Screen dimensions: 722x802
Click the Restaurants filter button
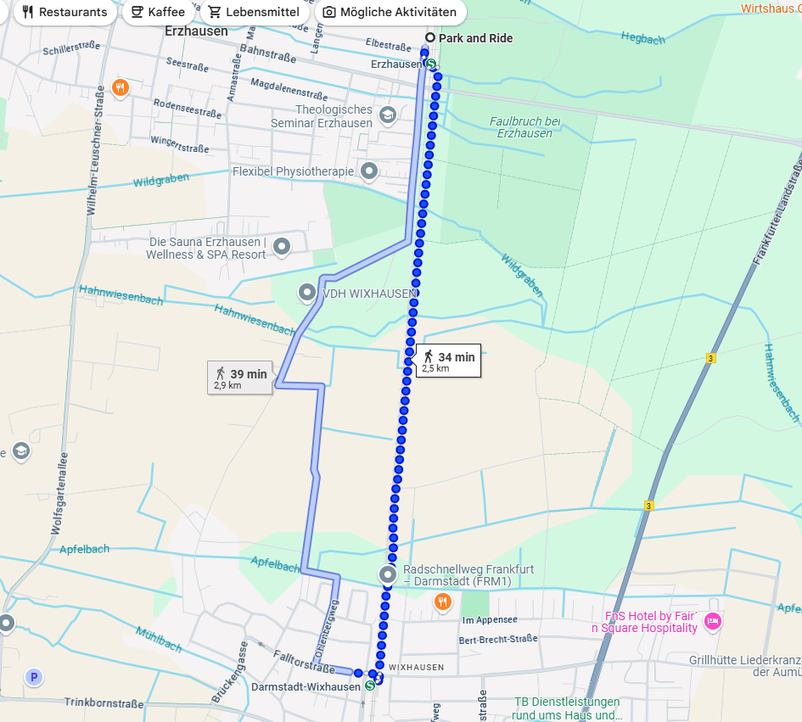pyautogui.click(x=64, y=12)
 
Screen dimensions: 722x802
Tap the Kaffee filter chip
pyautogui.click(x=157, y=12)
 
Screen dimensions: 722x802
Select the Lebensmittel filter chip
pyautogui.click(x=255, y=12)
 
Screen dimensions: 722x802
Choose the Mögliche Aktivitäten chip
pyautogui.click(x=390, y=12)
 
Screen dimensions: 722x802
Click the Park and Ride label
pyautogui.click(x=475, y=38)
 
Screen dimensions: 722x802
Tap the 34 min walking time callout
pyautogui.click(x=447, y=361)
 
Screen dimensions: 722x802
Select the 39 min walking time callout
pyautogui.click(x=240, y=378)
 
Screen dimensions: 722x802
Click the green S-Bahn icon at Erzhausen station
pyautogui.click(x=431, y=64)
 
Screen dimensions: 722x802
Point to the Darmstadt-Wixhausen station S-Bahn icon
pyautogui.click(x=370, y=686)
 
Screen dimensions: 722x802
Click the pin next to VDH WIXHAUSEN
pyautogui.click(x=307, y=293)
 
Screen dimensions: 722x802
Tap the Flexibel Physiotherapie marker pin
pyautogui.click(x=369, y=171)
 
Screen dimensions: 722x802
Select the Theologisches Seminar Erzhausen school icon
pyautogui.click(x=388, y=115)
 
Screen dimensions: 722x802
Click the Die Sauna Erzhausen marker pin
pyautogui.click(x=283, y=247)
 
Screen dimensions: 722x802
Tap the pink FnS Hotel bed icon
pyautogui.click(x=713, y=622)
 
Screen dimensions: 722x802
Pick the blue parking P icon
pyautogui.click(x=34, y=677)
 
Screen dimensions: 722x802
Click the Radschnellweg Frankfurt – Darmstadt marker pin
pyautogui.click(x=389, y=574)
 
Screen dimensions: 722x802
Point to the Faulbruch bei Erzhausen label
pyautogui.click(x=525, y=127)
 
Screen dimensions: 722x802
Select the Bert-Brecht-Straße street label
pyautogui.click(x=499, y=640)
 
